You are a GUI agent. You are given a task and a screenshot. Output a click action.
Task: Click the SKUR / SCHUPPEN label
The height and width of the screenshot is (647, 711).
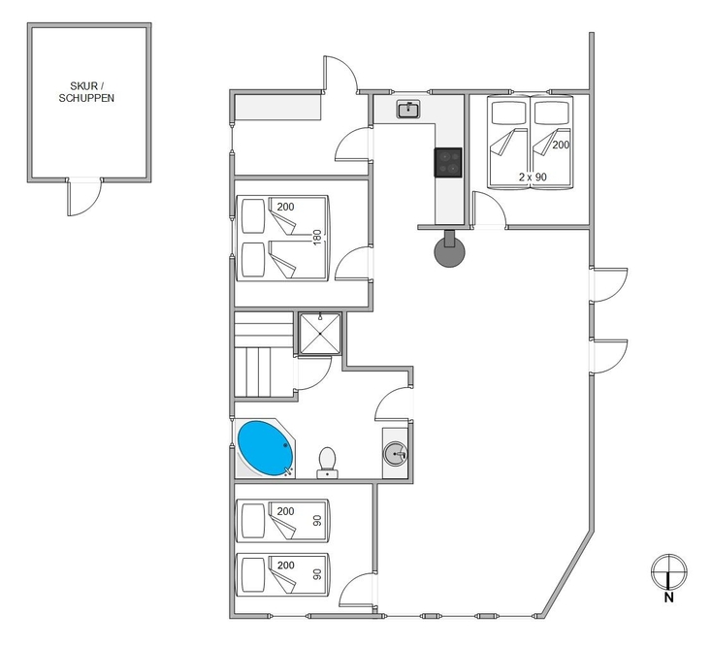tap(86, 92)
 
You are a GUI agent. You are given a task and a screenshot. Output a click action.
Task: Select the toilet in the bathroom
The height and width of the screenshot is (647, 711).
tap(327, 463)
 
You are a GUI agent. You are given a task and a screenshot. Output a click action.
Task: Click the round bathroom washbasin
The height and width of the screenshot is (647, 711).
tap(396, 454)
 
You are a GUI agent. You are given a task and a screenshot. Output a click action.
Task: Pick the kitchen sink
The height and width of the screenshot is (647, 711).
tap(409, 110)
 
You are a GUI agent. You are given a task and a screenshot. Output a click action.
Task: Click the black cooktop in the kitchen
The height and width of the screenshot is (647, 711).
tap(448, 162)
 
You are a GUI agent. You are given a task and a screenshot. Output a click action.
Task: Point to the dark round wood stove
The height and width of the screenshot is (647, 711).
tap(449, 252)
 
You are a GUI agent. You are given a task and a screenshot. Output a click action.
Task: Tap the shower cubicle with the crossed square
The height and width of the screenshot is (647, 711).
tap(320, 334)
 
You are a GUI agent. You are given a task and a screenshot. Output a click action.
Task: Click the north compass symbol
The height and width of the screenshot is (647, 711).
tap(669, 571)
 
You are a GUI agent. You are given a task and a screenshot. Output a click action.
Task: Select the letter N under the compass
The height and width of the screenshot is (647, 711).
tap(669, 598)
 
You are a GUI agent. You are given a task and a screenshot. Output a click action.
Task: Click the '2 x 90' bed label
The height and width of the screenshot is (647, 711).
tap(533, 177)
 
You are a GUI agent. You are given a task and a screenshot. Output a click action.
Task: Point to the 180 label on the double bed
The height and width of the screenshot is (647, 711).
tap(317, 237)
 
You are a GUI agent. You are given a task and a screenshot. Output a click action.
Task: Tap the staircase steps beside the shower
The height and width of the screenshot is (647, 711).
tap(264, 354)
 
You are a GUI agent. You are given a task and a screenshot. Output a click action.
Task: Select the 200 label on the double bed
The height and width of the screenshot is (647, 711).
tap(286, 207)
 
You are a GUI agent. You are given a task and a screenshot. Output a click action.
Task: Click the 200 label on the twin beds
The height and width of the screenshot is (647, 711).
tap(561, 145)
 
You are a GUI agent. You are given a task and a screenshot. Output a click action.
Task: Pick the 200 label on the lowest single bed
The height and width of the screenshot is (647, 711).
tap(286, 565)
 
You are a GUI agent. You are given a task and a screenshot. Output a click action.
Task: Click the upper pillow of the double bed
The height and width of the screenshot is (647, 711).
tap(253, 215)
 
